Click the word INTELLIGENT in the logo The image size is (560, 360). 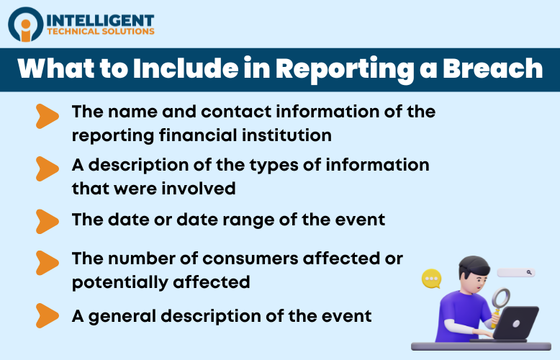pos(99,19)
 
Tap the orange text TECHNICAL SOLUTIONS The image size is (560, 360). pos(99,32)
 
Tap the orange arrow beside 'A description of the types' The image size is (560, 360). pos(47,168)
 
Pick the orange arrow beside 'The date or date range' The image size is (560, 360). pos(47,220)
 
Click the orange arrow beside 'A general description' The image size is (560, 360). pos(47,315)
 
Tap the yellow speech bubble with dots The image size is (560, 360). pos(432,279)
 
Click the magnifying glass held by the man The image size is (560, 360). pos(499,297)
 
